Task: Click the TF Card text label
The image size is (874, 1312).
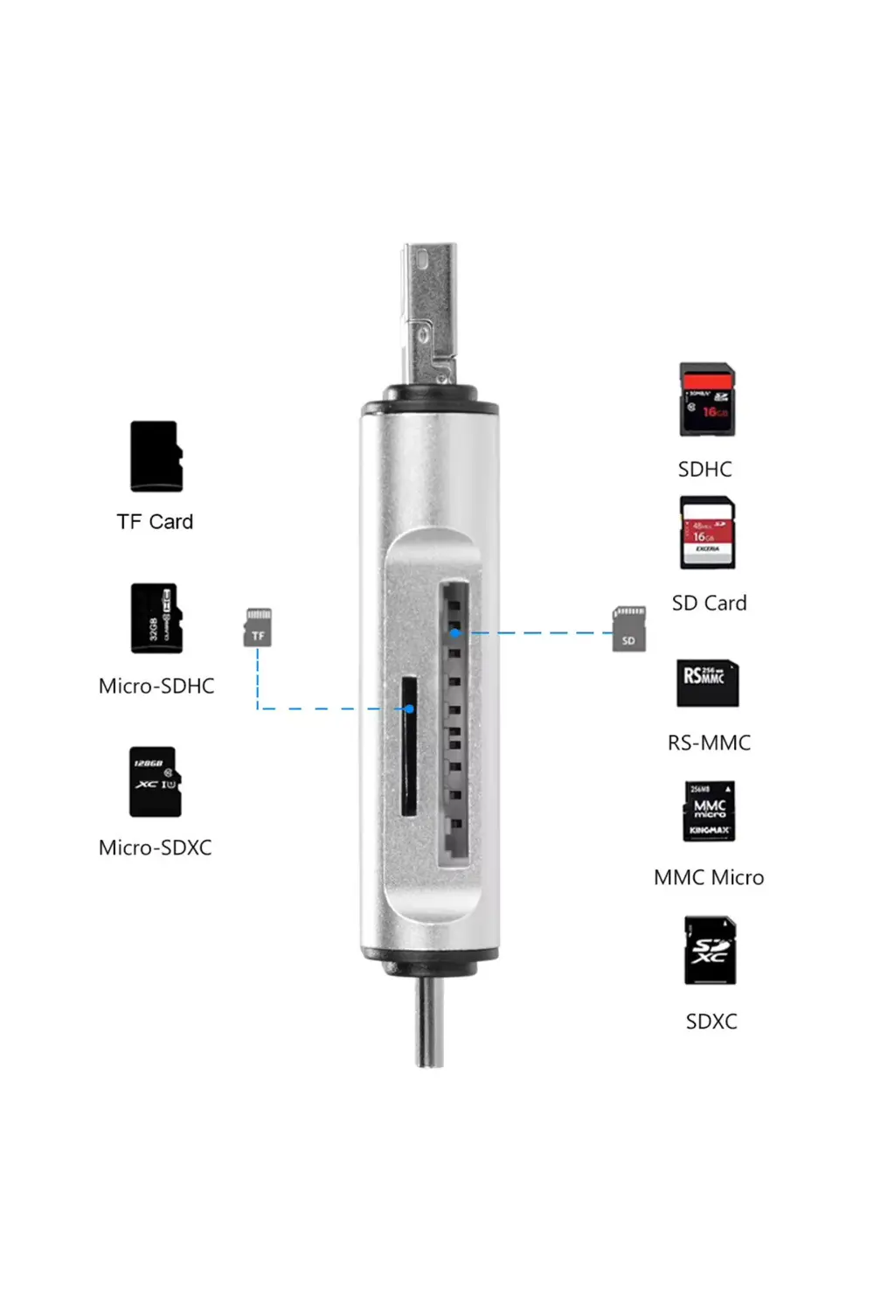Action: click(x=155, y=522)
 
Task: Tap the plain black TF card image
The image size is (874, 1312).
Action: click(x=156, y=457)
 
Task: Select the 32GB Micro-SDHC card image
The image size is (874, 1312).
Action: click(x=156, y=618)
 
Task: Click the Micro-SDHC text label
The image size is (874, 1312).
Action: click(x=156, y=687)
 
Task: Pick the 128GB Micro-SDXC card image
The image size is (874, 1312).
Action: click(x=156, y=782)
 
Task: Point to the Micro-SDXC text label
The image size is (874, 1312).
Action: click(x=156, y=848)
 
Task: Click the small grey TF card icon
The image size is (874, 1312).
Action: click(x=258, y=628)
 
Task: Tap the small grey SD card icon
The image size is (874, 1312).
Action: click(x=629, y=629)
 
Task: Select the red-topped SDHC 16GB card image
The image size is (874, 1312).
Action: click(x=707, y=401)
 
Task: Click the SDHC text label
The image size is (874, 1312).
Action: click(x=705, y=470)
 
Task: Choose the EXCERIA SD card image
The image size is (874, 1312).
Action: click(x=707, y=534)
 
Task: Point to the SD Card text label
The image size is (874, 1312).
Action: click(x=709, y=604)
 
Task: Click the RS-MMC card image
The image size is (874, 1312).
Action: click(x=707, y=683)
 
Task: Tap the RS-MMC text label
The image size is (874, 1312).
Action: click(x=709, y=743)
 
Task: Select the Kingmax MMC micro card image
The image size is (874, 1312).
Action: click(x=709, y=812)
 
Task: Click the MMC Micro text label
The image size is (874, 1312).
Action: click(x=709, y=878)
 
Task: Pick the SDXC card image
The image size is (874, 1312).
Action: click(x=710, y=951)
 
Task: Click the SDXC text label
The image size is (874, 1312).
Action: click(x=711, y=1022)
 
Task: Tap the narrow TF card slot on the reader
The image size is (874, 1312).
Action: click(x=407, y=745)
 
